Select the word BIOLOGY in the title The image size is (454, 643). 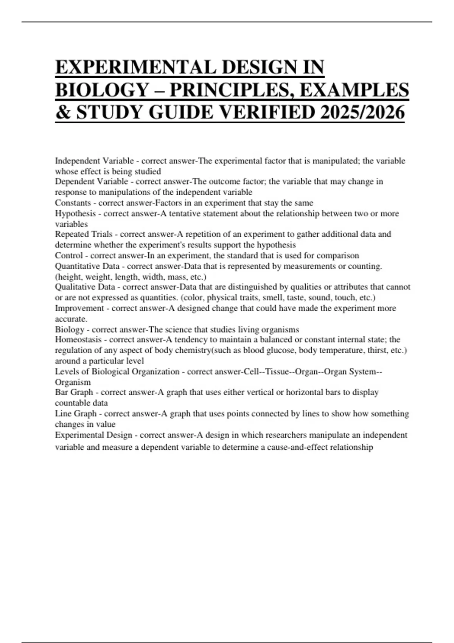coord(102,90)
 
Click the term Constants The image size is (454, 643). coord(73,203)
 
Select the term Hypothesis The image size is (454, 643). coord(75,213)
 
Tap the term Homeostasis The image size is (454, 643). coord(78,340)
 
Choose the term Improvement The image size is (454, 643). coord(79,308)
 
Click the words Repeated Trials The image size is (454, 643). coord(84,234)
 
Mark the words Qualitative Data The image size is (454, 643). coord(85,287)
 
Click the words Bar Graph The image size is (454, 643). coord(74,392)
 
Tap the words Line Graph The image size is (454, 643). coord(76,413)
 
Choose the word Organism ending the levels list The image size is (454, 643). coord(73,382)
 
